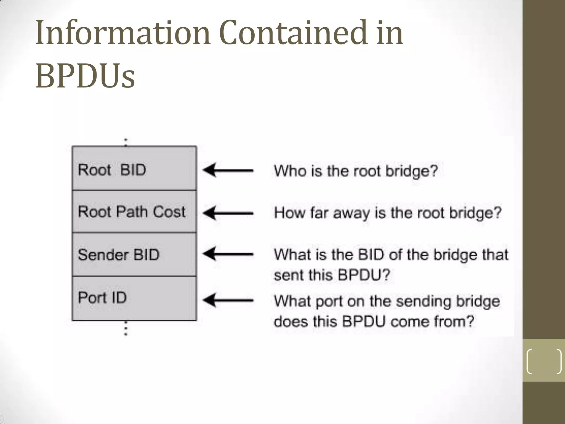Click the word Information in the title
(123, 33)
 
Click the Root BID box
(134, 168)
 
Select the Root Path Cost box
(134, 212)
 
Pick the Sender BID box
(134, 255)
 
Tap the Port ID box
(134, 298)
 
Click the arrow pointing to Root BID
(228, 170)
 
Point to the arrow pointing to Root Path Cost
(228, 213)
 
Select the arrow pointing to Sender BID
(228, 254)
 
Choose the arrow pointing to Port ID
(228, 300)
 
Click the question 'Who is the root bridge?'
(356, 171)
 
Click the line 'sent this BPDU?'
(332, 275)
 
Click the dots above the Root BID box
(126, 142)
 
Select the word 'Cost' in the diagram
(169, 212)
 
